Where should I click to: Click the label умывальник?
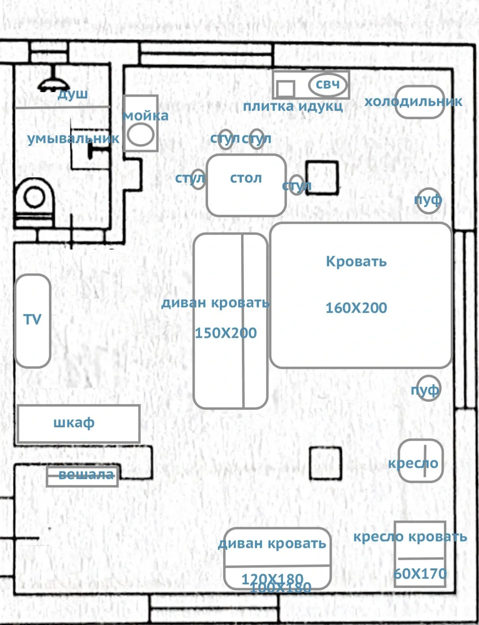(73, 139)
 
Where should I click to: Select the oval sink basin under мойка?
(141, 135)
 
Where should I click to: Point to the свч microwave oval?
(328, 84)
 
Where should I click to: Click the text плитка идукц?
(293, 106)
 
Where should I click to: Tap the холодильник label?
(413, 101)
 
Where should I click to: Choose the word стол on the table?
(246, 178)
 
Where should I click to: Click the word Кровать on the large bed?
(356, 262)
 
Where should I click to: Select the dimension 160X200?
(356, 308)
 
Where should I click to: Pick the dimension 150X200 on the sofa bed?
(226, 333)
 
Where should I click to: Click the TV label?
(32, 319)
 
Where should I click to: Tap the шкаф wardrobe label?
(74, 423)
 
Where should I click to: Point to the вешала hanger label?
(86, 475)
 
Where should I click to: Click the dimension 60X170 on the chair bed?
(420, 574)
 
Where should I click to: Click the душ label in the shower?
(73, 94)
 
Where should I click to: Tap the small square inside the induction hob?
(286, 89)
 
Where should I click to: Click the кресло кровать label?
(410, 537)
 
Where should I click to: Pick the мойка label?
(146, 116)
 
